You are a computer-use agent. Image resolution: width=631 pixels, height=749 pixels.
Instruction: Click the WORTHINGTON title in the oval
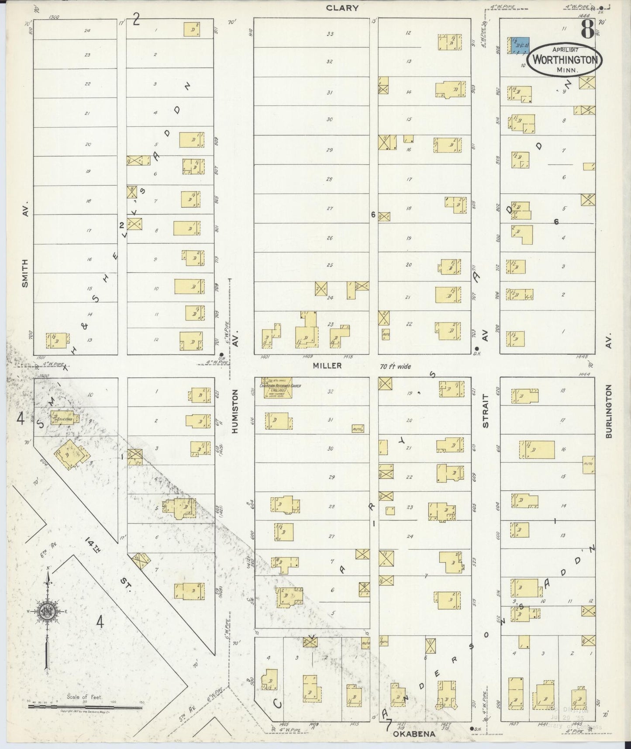point(564,60)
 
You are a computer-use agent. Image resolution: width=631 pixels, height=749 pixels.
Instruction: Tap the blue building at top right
point(520,45)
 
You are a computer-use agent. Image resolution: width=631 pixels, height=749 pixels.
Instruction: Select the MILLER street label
point(327,366)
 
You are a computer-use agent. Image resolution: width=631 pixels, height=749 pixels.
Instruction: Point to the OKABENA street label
point(414,734)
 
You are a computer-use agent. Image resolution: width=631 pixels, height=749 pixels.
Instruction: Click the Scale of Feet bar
point(85,705)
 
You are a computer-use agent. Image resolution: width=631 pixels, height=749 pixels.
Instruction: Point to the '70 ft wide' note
point(395,366)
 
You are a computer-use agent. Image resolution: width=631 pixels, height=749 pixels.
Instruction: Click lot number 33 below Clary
point(330,34)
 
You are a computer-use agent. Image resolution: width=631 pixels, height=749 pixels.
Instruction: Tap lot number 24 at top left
point(87,31)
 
